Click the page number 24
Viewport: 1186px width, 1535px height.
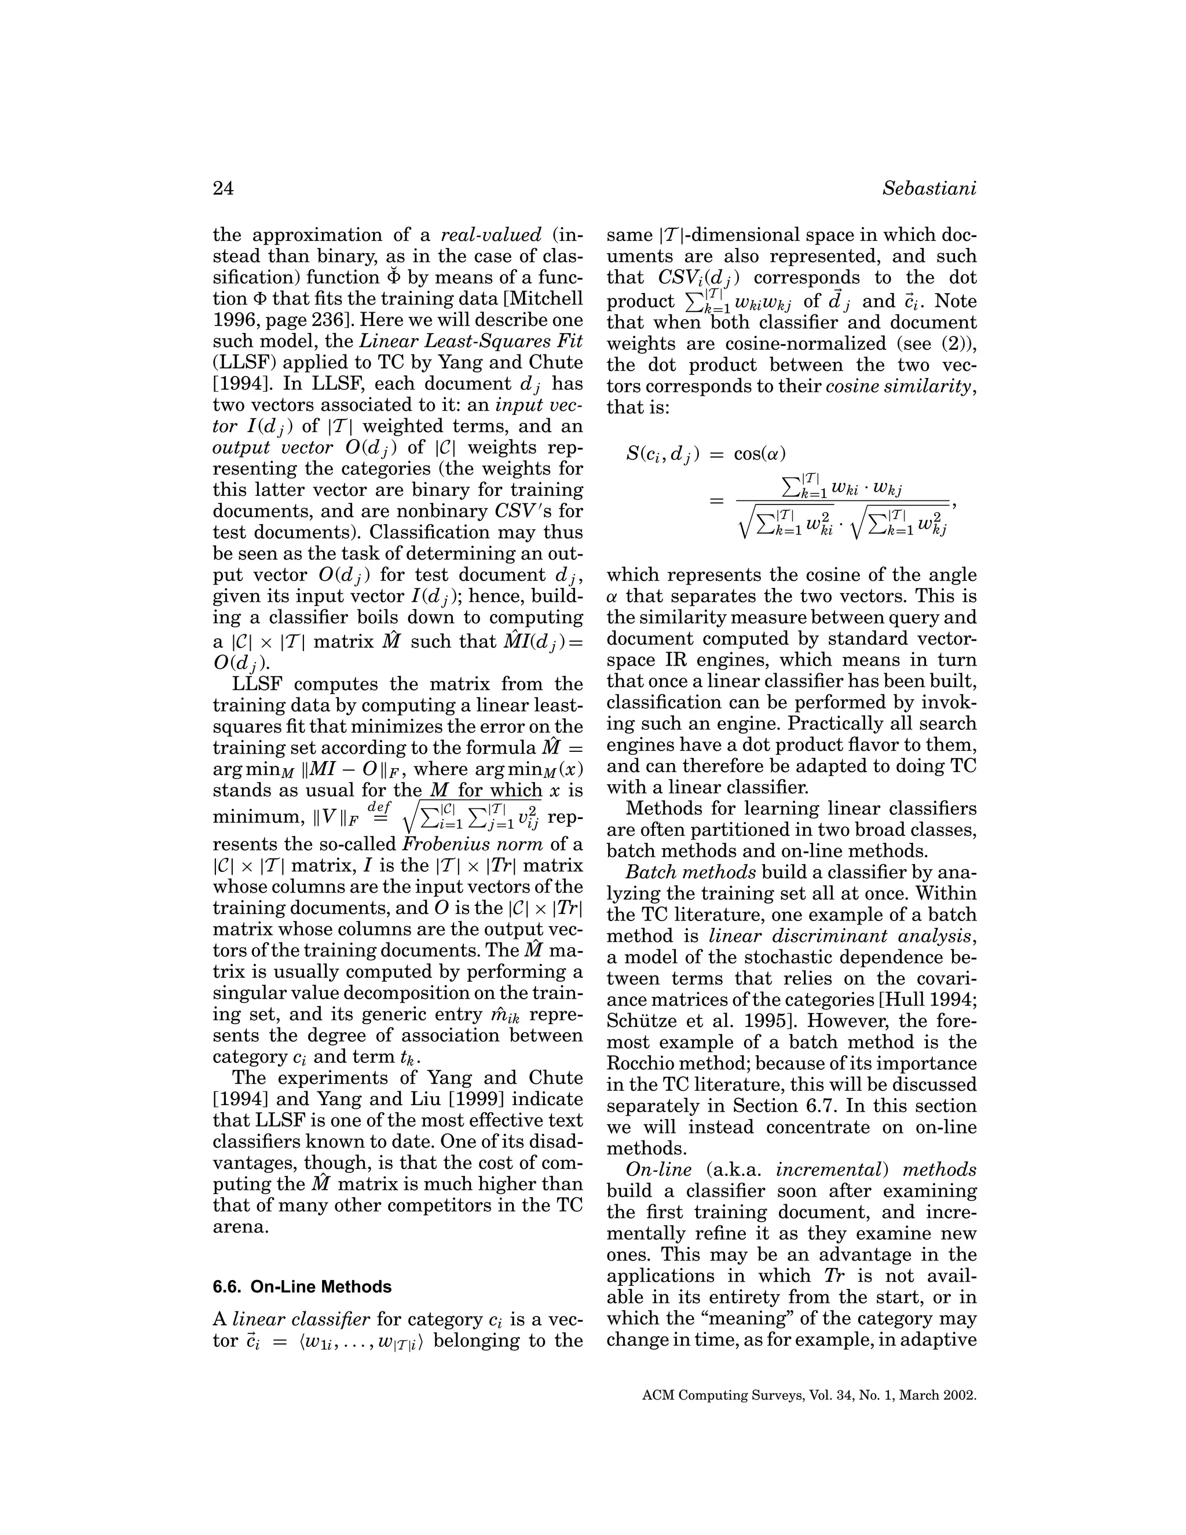click(223, 189)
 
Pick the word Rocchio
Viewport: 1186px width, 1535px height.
click(645, 1063)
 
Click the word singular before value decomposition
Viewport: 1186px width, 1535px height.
click(254, 993)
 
